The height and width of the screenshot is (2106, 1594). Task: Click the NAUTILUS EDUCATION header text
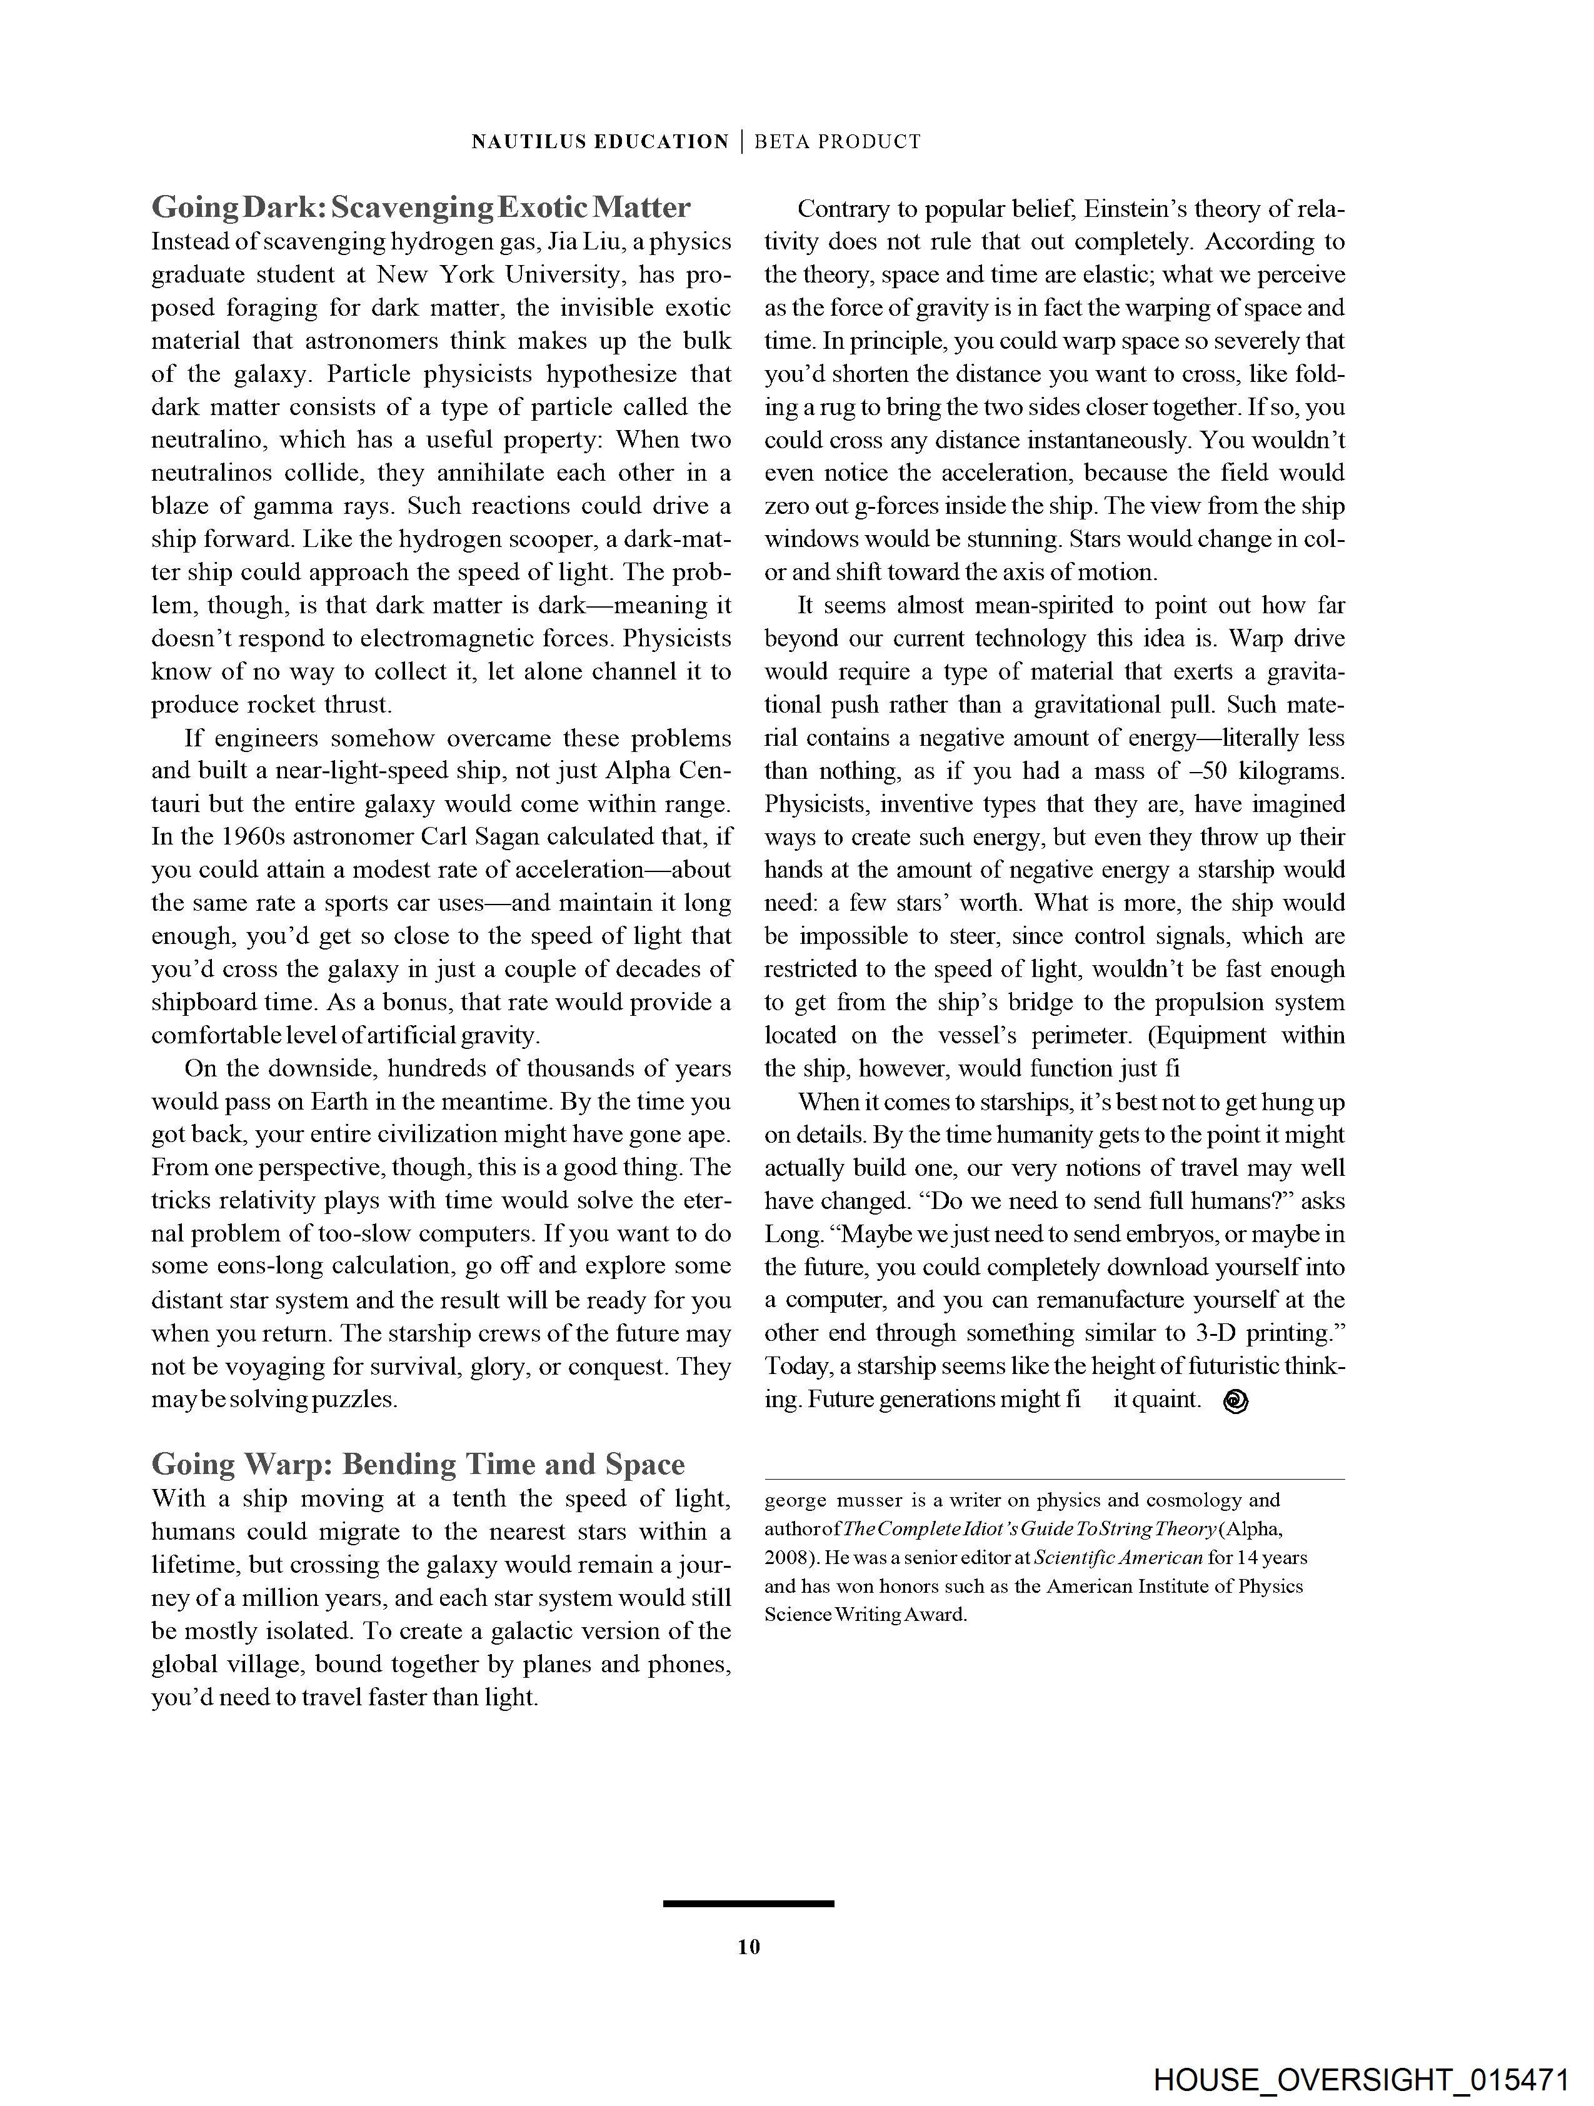pyautogui.click(x=600, y=142)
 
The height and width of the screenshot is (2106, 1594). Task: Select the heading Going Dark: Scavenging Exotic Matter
pyautogui.click(x=421, y=207)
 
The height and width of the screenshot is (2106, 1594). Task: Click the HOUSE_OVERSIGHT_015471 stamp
pyautogui.click(x=1361, y=2079)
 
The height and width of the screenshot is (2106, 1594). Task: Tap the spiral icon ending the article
pyautogui.click(x=1235, y=1400)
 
